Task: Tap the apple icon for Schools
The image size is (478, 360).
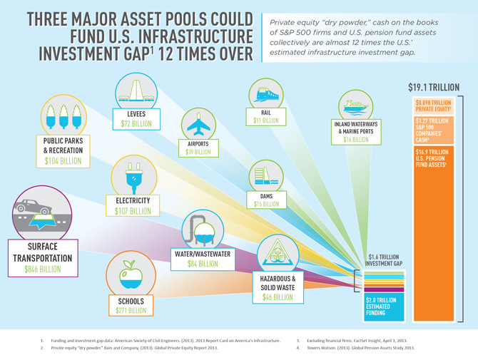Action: click(x=128, y=274)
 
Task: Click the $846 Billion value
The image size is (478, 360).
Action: click(x=43, y=269)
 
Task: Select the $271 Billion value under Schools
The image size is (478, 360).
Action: click(x=131, y=311)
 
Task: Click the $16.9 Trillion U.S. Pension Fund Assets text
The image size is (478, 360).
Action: click(x=432, y=158)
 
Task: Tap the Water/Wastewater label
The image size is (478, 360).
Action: click(x=203, y=253)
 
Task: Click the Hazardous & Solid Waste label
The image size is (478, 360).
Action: click(x=278, y=282)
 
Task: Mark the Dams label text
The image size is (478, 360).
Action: click(x=266, y=195)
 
